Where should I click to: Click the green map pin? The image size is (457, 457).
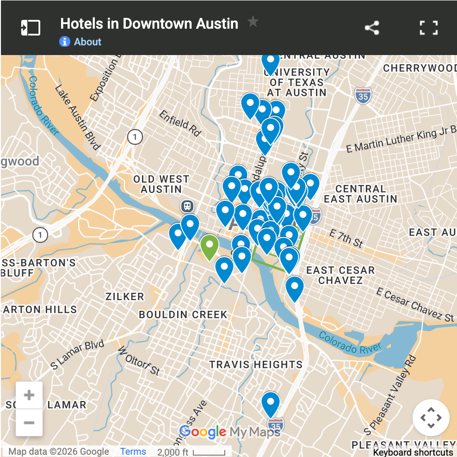pyautogui.click(x=209, y=246)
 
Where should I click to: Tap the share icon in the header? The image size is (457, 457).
pyautogui.click(x=372, y=28)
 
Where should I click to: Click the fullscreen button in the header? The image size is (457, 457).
pyautogui.click(x=428, y=28)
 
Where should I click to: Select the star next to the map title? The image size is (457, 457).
pyautogui.click(x=253, y=22)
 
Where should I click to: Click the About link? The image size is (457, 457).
pyautogui.click(x=87, y=42)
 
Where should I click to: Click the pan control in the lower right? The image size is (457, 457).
pyautogui.click(x=431, y=418)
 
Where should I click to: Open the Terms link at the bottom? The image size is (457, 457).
pyautogui.click(x=133, y=451)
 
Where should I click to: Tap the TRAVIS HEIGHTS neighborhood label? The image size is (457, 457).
pyautogui.click(x=256, y=364)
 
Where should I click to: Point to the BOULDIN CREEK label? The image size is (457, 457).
pyautogui.click(x=183, y=315)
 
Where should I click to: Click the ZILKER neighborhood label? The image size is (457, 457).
pyautogui.click(x=125, y=296)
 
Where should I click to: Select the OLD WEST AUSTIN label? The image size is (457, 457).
pyautogui.click(x=161, y=184)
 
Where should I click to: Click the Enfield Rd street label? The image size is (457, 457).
pyautogui.click(x=180, y=123)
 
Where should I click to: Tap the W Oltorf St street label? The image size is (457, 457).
pyautogui.click(x=139, y=361)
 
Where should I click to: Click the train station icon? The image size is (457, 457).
pyautogui.click(x=187, y=205)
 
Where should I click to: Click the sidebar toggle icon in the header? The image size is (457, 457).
pyautogui.click(x=31, y=28)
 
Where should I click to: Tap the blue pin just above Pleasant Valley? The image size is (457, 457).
pyautogui.click(x=271, y=403)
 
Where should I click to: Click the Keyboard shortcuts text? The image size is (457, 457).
pyautogui.click(x=413, y=452)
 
